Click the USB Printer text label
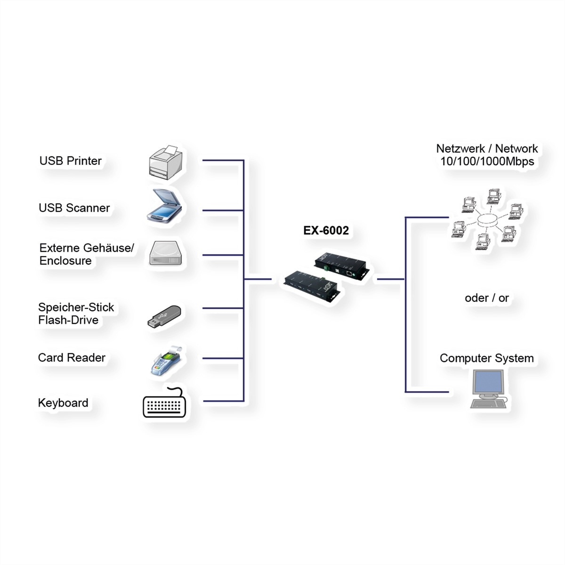[x=71, y=161]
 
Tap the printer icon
[x=165, y=163]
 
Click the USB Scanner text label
[x=74, y=208]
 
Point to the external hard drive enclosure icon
[x=165, y=254]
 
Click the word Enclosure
[x=65, y=261]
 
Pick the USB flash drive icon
[x=164, y=317]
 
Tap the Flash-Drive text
[x=68, y=320]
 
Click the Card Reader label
[x=72, y=358]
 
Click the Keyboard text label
[x=63, y=403]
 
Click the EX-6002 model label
[x=326, y=231]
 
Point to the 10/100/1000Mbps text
[x=487, y=161]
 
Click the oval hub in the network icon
[x=487, y=220]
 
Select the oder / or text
[x=486, y=298]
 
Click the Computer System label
[x=486, y=358]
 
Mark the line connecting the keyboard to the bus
[x=223, y=401]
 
